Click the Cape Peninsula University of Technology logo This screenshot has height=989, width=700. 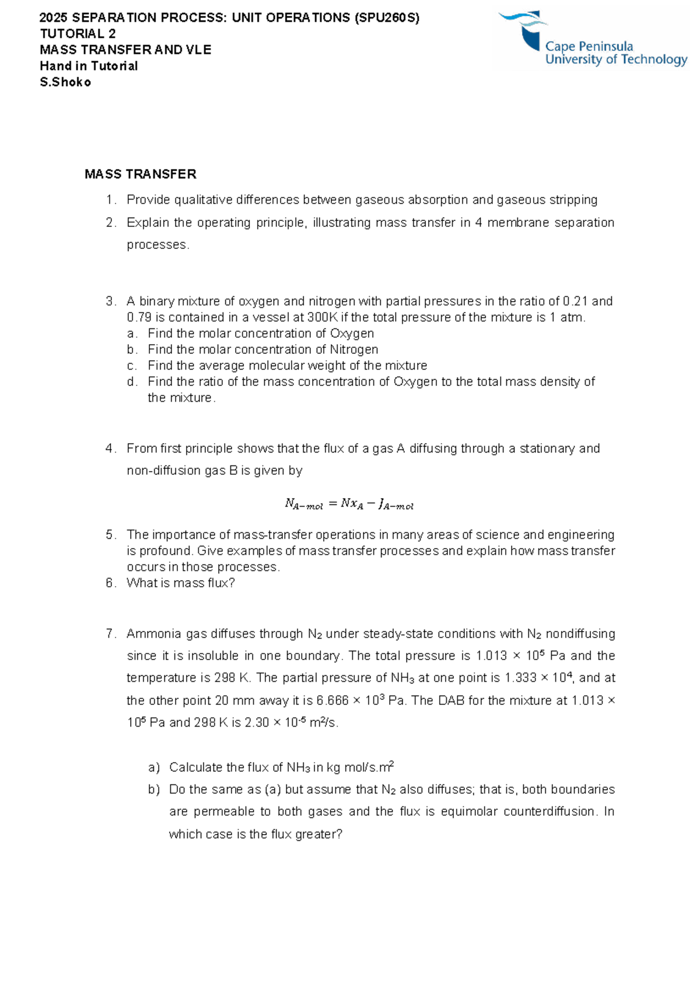pyautogui.click(x=590, y=40)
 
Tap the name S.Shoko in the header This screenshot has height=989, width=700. pyautogui.click(x=65, y=82)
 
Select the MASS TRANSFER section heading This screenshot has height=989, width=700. pyautogui.click(x=140, y=174)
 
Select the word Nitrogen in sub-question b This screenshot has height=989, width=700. pyautogui.click(x=353, y=350)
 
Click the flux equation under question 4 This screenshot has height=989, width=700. pyautogui.click(x=349, y=504)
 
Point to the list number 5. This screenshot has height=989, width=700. pyautogui.click(x=111, y=535)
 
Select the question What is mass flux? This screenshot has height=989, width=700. pyautogui.click(x=180, y=583)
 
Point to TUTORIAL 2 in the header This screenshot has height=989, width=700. pyautogui.click(x=78, y=34)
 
